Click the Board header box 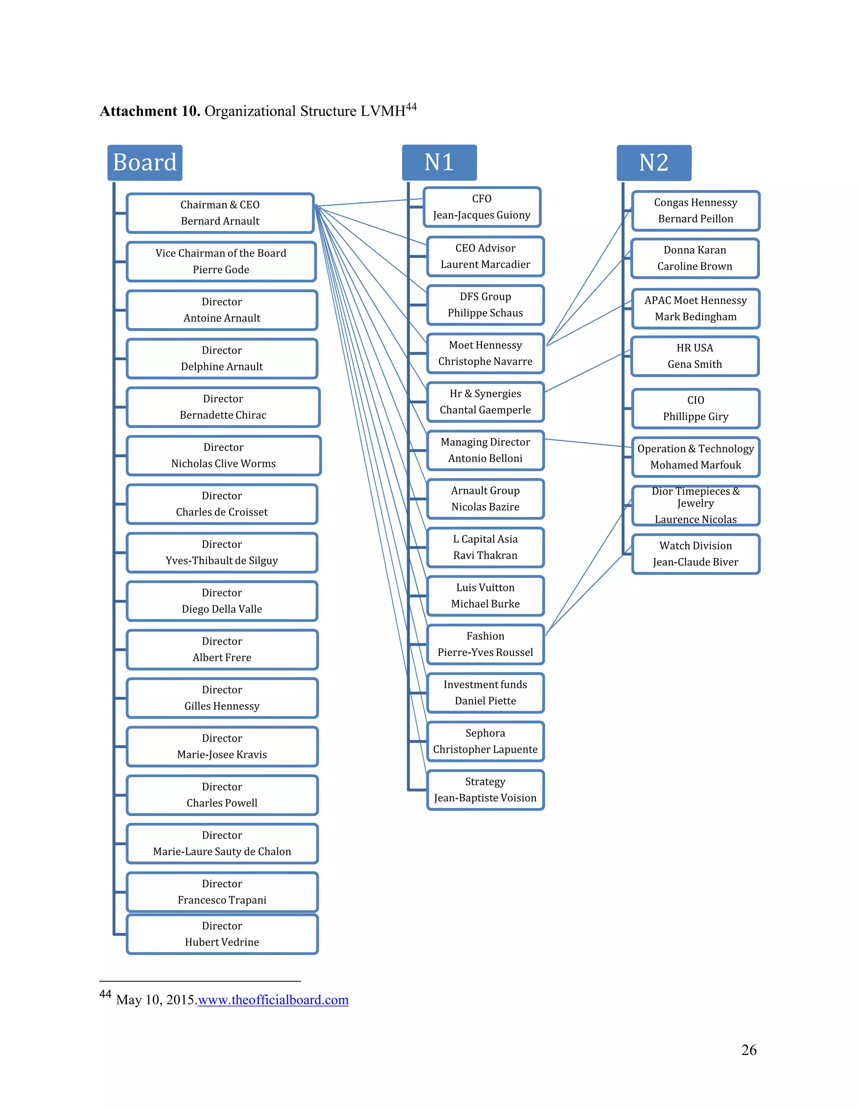pyautogui.click(x=145, y=162)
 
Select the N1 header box pyautogui.click(x=439, y=162)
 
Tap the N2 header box pyautogui.click(x=654, y=162)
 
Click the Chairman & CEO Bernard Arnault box pyautogui.click(x=220, y=213)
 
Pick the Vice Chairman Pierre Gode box pyautogui.click(x=221, y=262)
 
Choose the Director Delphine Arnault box pyautogui.click(x=222, y=359)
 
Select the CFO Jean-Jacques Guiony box pyautogui.click(x=482, y=207)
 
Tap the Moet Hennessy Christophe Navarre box pyautogui.click(x=486, y=354)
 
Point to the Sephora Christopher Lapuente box pyautogui.click(x=486, y=742)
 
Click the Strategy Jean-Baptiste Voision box pyautogui.click(x=486, y=790)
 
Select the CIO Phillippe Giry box pyautogui.click(x=696, y=408)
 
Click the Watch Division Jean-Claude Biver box pyautogui.click(x=696, y=554)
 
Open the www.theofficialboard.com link pyautogui.click(x=273, y=1000)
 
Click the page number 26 pyautogui.click(x=749, y=1050)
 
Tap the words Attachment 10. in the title pyautogui.click(x=150, y=111)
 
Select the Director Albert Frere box pyautogui.click(x=222, y=649)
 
